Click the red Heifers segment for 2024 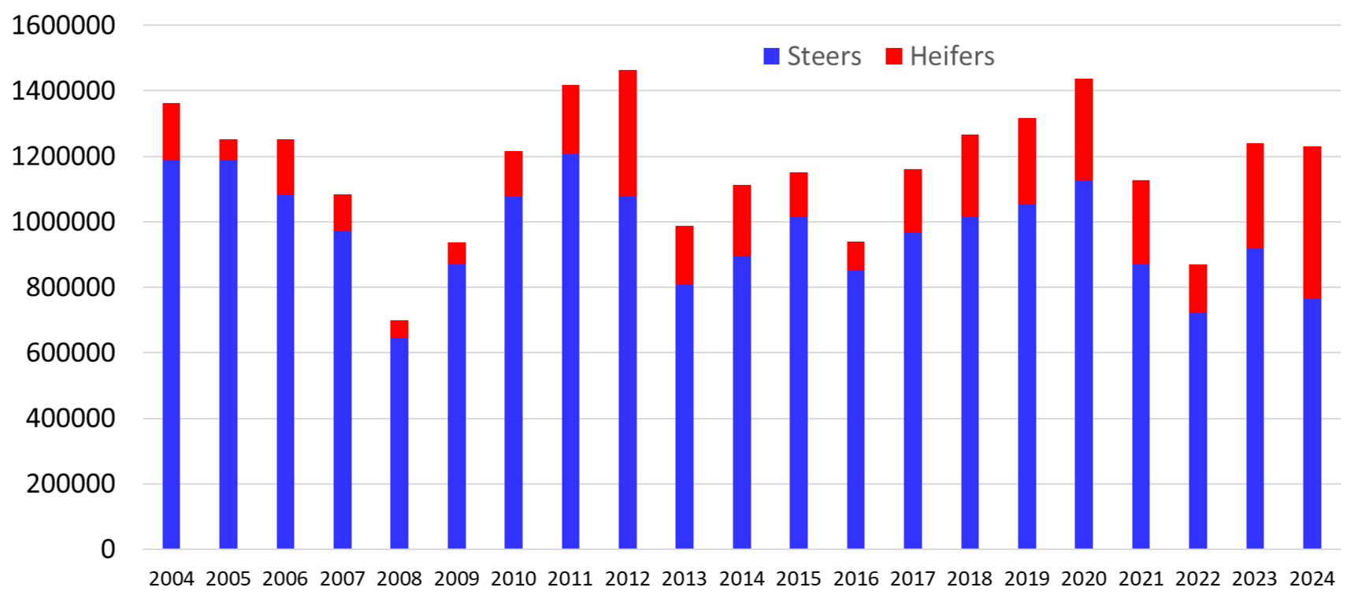(x=1312, y=222)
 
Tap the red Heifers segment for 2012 (x=628, y=133)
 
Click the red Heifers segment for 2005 (x=228, y=150)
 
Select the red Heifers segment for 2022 (x=1197, y=288)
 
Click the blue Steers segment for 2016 (x=855, y=409)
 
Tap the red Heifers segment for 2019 (x=1027, y=161)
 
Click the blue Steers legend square (x=772, y=56)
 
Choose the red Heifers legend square (x=894, y=56)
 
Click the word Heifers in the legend (x=952, y=56)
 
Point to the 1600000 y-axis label (x=64, y=25)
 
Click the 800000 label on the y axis (x=71, y=287)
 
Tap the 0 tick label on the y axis (x=108, y=549)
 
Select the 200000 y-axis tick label (x=71, y=483)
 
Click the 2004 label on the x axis (x=171, y=578)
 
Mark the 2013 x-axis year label (x=684, y=578)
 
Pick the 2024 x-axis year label (x=1312, y=578)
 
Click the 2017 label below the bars (x=912, y=578)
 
